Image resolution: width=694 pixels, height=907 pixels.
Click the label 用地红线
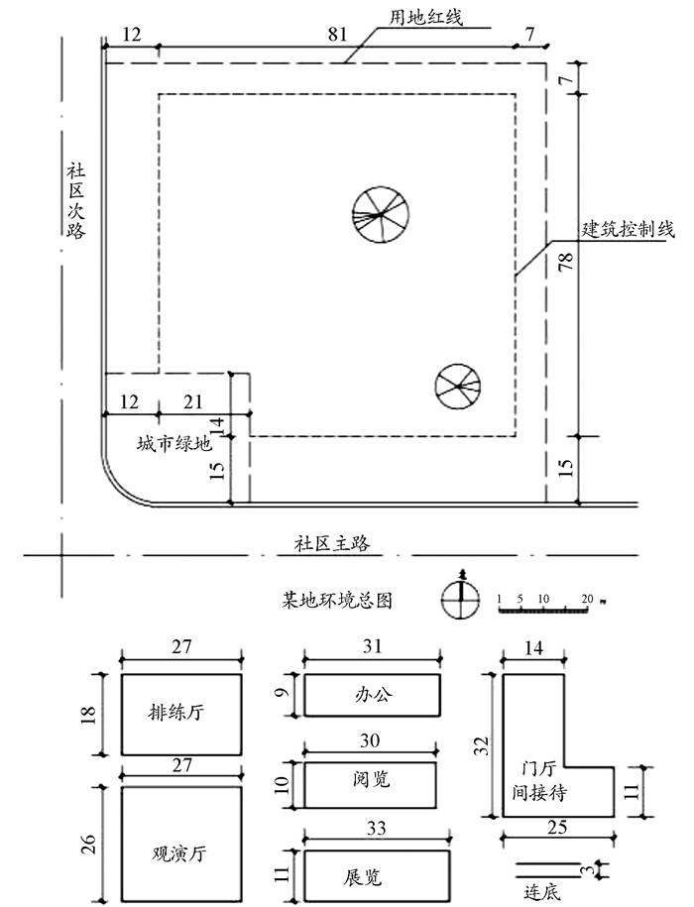pos(425,17)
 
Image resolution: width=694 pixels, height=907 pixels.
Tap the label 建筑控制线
pos(629,229)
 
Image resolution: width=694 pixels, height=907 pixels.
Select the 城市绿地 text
pos(174,444)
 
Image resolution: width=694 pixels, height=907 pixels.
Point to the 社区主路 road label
pos(332,544)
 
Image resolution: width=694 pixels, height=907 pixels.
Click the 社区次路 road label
pos(75,200)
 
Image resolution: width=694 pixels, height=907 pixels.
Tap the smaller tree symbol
pos(458,387)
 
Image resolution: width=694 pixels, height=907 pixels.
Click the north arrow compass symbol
pos(461,596)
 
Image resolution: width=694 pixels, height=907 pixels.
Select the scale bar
pos(546,604)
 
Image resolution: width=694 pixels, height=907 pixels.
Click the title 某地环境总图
pos(337,601)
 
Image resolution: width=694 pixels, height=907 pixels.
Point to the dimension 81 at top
pos(338,34)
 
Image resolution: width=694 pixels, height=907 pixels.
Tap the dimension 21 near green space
pos(193,401)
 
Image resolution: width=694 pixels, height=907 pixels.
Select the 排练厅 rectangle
pos(181,715)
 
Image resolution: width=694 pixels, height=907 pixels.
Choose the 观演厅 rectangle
pos(181,846)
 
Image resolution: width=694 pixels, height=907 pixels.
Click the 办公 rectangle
pos(373,695)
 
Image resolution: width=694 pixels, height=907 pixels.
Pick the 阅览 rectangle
pos(370,785)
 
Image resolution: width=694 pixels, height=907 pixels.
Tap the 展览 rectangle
pos(377,875)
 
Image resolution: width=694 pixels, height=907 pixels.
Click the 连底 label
pos(542,892)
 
